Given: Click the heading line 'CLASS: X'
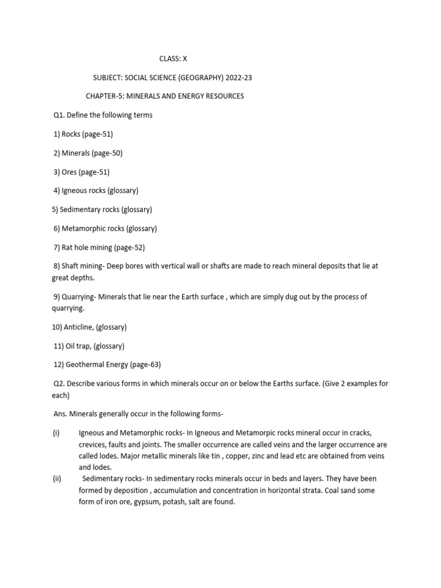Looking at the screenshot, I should point(173,59).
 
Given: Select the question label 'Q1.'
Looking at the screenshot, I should point(59,115).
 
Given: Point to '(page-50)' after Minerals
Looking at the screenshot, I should point(107,153).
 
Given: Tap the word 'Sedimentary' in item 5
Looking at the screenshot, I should point(81,210).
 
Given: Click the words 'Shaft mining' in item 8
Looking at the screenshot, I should point(82,266).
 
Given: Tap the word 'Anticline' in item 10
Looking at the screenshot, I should point(80,327).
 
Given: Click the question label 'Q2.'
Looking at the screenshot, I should point(59,384).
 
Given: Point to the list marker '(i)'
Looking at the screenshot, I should point(56,433).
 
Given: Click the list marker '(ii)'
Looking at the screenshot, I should point(56,478).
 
